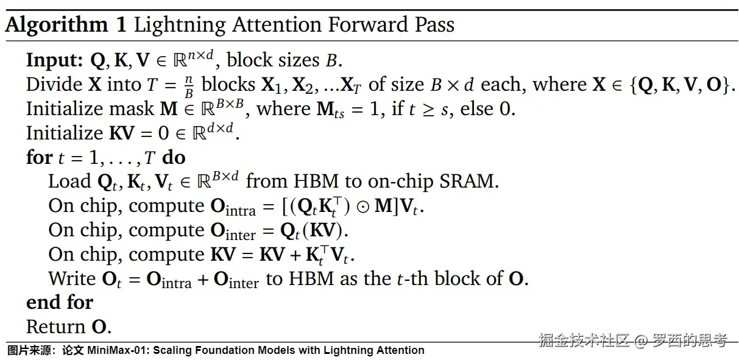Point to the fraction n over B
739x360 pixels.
pos(189,85)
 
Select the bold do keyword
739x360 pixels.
pos(174,157)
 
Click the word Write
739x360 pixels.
pos(72,278)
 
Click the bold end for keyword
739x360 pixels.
pos(60,302)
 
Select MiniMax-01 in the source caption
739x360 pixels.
pos(118,350)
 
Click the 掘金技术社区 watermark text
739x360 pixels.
pos(583,340)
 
